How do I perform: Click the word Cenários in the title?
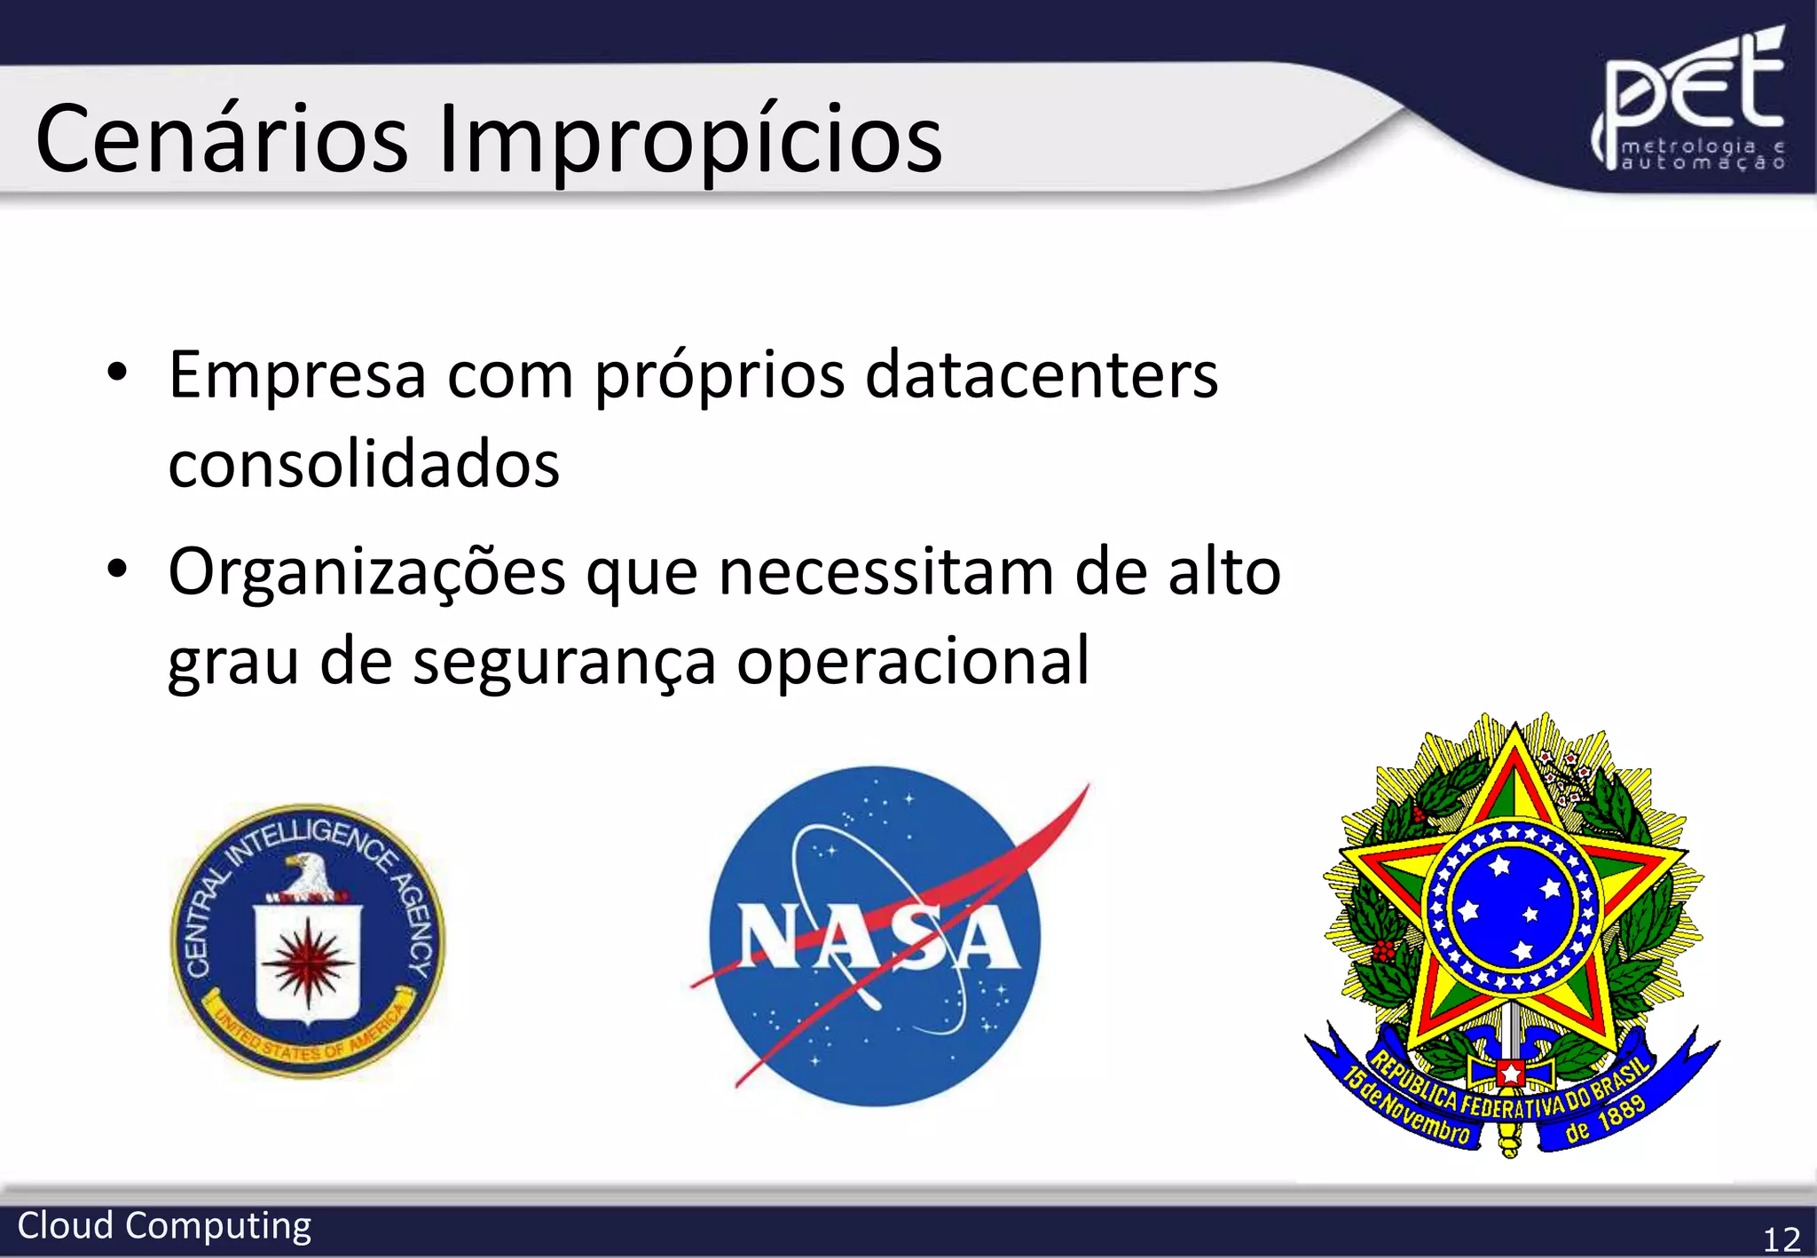[x=222, y=140]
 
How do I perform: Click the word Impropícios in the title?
[x=690, y=140]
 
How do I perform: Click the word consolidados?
[x=364, y=464]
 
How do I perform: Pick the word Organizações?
[x=366, y=572]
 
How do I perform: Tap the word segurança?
[x=564, y=661]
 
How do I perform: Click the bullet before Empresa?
[x=117, y=373]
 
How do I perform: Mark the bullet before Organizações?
[x=117, y=570]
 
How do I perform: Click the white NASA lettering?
[x=878, y=937]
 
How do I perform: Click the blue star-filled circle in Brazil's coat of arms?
[x=1514, y=909]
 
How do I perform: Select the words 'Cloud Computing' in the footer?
[x=164, y=1226]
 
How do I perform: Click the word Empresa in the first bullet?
[x=297, y=375]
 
